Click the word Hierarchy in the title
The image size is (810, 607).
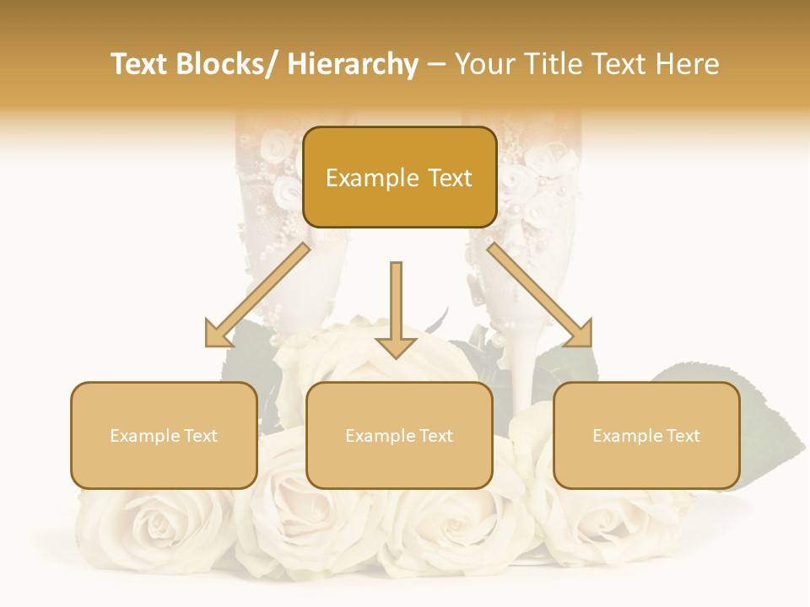tap(353, 65)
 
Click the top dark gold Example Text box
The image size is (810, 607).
tap(399, 177)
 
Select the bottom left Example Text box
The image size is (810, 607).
tap(164, 435)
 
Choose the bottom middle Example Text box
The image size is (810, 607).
tap(399, 435)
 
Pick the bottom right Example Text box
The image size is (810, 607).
tap(646, 435)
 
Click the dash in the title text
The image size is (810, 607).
tap(436, 65)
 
